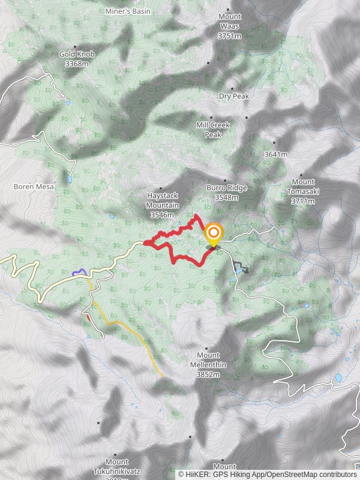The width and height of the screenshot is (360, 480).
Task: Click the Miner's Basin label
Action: (x=128, y=11)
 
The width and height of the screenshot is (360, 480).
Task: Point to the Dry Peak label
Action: (x=233, y=96)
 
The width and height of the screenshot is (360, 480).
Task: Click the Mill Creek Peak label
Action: (x=213, y=130)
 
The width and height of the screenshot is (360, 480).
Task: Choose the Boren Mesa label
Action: (x=34, y=187)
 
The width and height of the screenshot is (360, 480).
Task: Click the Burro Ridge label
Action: (x=227, y=188)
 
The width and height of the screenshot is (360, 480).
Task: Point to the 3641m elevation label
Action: (x=276, y=154)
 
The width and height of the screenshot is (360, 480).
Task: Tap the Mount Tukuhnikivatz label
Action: (x=116, y=466)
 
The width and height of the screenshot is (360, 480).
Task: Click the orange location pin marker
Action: (x=213, y=233)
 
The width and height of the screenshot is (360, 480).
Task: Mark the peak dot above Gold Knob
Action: (x=76, y=46)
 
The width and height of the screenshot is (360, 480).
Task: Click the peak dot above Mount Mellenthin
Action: (x=208, y=348)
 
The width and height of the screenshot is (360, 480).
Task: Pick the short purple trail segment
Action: (x=79, y=273)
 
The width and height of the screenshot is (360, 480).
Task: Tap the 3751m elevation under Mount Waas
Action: (x=229, y=36)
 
